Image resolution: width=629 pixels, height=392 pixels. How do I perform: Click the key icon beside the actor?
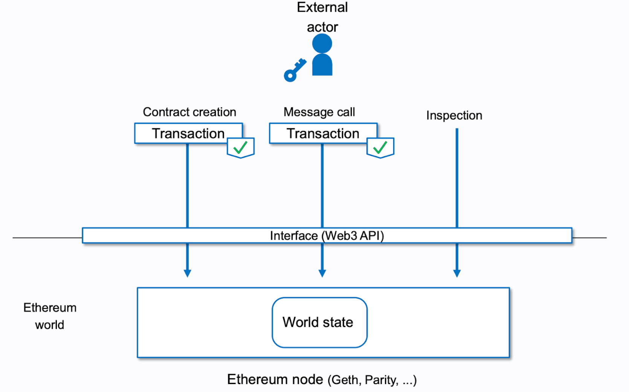click(x=294, y=71)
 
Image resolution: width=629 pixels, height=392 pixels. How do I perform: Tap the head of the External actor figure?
click(x=322, y=43)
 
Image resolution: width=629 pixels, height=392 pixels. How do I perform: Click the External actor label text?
click(x=322, y=17)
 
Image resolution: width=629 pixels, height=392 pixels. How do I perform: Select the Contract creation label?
click(x=189, y=112)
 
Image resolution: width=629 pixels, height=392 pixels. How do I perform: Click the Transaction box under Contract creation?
click(x=188, y=134)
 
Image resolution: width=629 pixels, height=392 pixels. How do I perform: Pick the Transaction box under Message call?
click(x=323, y=134)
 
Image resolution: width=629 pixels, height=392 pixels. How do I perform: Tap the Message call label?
click(x=319, y=112)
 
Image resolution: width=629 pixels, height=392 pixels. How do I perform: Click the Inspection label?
click(x=454, y=115)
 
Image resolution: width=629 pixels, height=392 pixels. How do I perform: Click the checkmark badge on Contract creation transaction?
click(x=241, y=147)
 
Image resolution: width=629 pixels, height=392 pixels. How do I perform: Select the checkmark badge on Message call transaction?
click(x=380, y=147)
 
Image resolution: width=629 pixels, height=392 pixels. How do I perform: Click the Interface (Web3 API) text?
click(x=327, y=236)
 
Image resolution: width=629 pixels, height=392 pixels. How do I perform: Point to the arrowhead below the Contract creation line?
click(x=187, y=273)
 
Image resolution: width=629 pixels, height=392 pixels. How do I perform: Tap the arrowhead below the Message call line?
click(x=322, y=273)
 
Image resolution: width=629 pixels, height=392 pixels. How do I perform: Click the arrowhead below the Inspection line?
click(x=457, y=273)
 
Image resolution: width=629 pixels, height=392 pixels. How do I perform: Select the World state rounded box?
click(x=319, y=322)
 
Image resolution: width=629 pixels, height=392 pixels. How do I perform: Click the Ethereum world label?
click(x=50, y=316)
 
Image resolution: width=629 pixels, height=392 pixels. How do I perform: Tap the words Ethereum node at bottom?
click(x=275, y=379)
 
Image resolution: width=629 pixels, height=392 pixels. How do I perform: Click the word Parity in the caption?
click(x=381, y=380)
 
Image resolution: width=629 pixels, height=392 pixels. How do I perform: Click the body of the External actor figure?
click(x=322, y=66)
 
